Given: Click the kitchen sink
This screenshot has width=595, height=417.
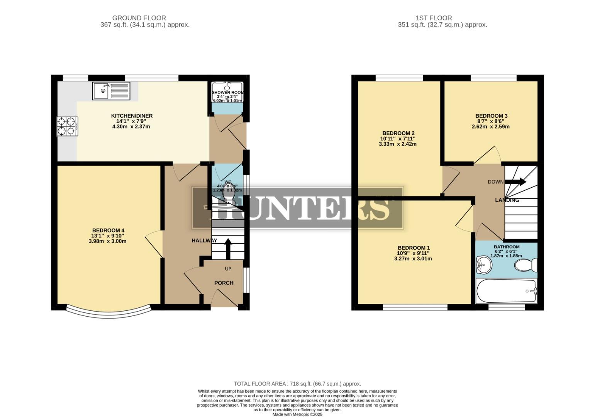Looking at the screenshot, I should coord(111,91).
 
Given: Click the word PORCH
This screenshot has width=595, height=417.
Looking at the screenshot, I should coord(224,283).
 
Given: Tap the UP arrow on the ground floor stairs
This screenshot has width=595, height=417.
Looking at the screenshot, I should coord(228,248).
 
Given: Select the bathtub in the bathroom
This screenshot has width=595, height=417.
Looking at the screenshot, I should coord(506,291).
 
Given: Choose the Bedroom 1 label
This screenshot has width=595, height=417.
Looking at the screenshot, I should coord(414,248).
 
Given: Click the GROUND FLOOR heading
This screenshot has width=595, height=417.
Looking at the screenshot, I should coord(139,18).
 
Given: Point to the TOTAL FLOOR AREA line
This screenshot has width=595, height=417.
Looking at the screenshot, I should coord(297,384).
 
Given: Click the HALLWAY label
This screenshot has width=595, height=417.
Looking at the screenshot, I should coord(204,241).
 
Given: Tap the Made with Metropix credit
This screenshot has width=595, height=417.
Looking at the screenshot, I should coord(297,414).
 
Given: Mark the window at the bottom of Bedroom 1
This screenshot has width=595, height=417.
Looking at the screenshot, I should coord(415,307).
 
